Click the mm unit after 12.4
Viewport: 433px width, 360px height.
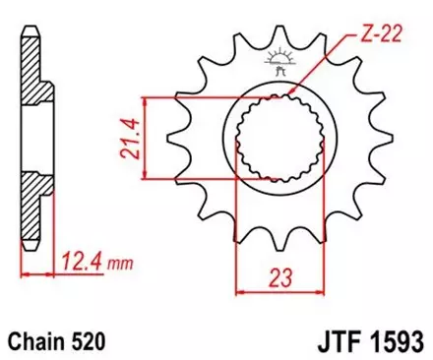(119, 265)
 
